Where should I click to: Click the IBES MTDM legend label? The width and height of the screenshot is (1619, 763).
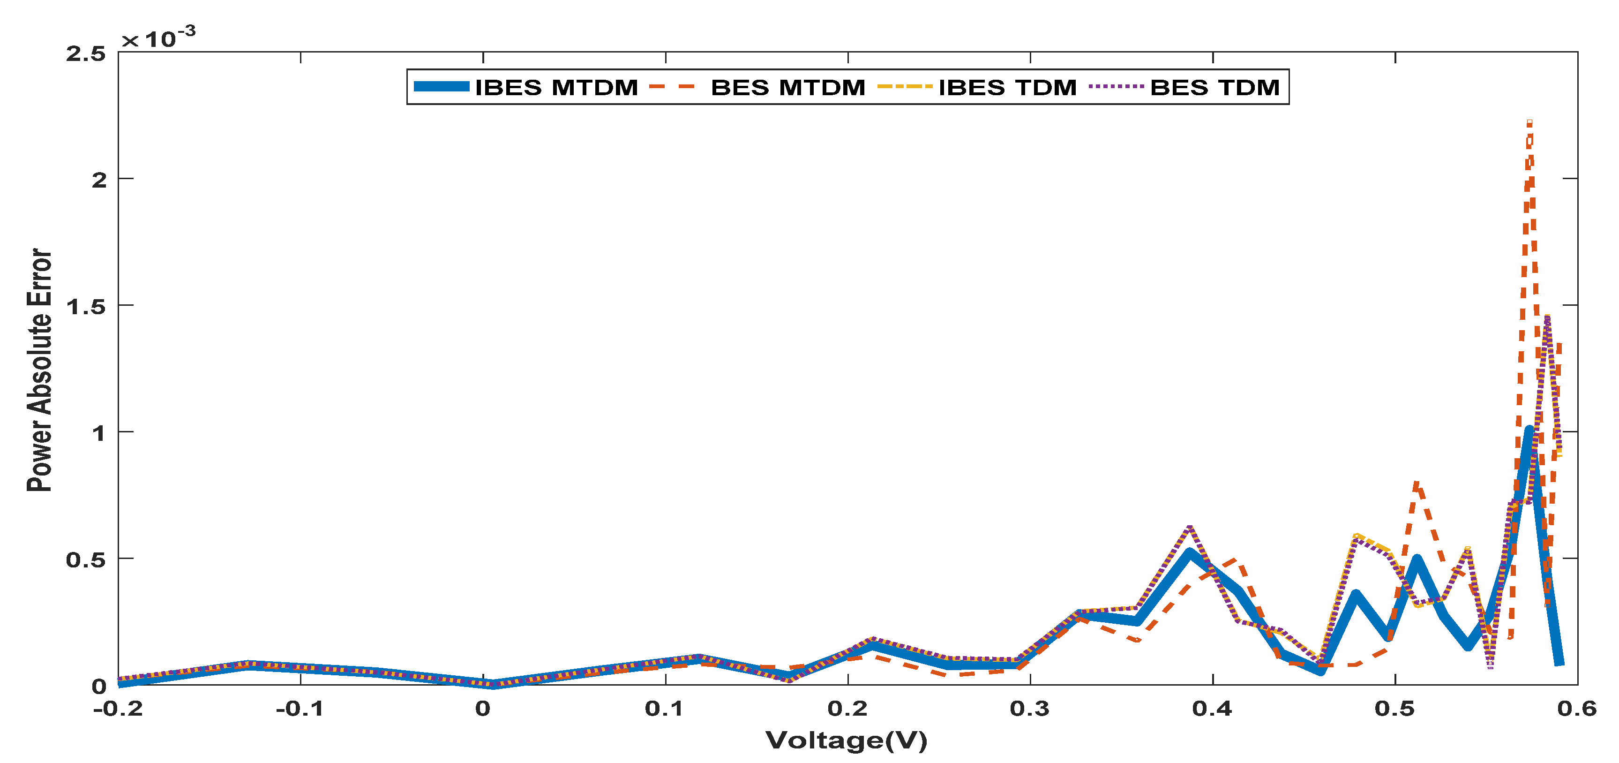[556, 87]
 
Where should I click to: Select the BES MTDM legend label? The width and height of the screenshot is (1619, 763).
[787, 87]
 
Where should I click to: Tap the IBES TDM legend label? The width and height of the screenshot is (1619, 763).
[1007, 87]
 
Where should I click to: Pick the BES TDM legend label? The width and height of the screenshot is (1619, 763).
[1214, 87]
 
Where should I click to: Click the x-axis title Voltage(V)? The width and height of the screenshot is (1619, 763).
[846, 740]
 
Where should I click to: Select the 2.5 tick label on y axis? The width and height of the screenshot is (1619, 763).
[86, 54]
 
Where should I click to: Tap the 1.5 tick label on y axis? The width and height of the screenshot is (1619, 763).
[86, 306]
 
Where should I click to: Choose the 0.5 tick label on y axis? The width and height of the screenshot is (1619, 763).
[86, 559]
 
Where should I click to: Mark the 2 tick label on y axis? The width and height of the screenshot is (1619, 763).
[99, 180]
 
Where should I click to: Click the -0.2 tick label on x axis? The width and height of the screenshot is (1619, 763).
[118, 709]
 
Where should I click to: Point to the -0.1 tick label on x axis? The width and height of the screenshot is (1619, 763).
[300, 709]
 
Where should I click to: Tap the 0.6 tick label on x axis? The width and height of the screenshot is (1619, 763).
[1576, 709]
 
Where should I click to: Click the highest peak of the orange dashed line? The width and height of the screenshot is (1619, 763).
[1529, 123]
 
